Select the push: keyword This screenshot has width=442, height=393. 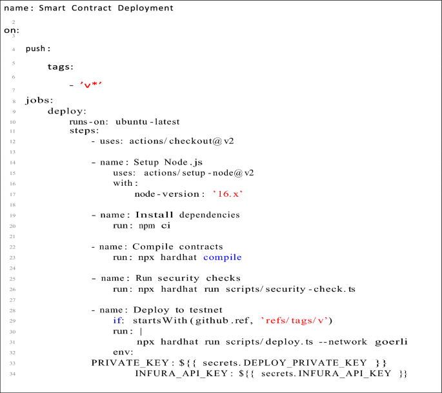[x=38, y=48]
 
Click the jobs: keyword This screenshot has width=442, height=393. [x=39, y=101]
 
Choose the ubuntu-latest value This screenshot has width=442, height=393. [x=147, y=121]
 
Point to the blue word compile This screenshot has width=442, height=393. [x=222, y=257]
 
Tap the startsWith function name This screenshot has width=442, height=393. [x=159, y=320]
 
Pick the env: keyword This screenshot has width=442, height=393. [x=123, y=352]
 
